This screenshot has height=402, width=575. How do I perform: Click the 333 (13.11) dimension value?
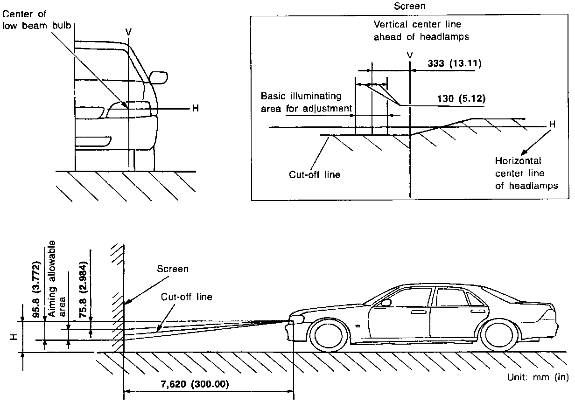coord(455,63)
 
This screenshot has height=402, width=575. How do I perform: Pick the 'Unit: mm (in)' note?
coord(537,377)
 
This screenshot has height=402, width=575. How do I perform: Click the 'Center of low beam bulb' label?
coord(31,20)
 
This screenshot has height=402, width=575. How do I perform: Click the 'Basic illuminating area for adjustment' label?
coord(306,102)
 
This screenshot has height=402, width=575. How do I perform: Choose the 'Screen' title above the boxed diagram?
coord(410,7)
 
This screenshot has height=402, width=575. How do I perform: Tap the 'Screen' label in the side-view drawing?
coord(173,269)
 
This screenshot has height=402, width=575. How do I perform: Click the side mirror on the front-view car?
coord(159,77)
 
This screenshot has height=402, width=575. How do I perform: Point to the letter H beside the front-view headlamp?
coord(196,109)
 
